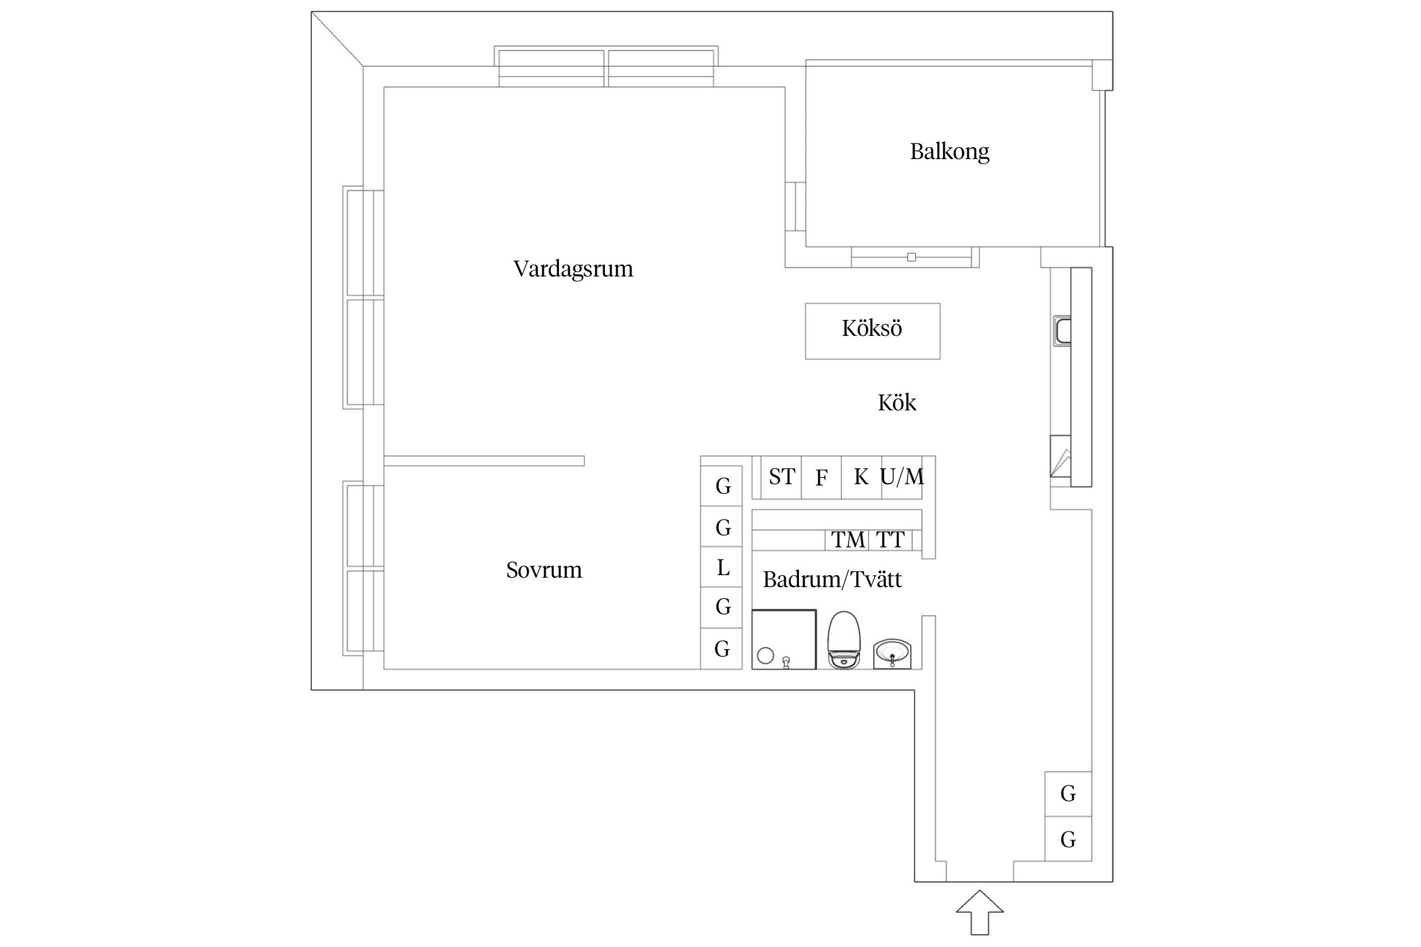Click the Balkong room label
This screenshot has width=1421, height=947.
point(949,152)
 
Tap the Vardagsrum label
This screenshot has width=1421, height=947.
point(573,269)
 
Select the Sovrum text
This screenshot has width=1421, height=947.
point(544,570)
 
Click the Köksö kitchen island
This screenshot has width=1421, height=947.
point(872,331)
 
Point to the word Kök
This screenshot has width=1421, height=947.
point(897,403)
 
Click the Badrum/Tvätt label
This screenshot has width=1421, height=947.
point(832,580)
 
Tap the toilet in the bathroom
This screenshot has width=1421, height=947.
point(844,640)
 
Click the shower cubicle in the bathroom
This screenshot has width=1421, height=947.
point(784,639)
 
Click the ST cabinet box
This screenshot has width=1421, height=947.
point(781,477)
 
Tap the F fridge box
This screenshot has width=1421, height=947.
point(821,478)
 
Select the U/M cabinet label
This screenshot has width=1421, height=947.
point(902,477)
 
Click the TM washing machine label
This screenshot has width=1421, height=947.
point(848,540)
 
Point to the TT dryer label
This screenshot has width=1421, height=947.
point(890,540)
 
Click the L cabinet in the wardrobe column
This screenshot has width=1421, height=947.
point(722,568)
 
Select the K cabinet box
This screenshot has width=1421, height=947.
point(861,477)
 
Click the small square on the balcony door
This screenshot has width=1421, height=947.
point(911,257)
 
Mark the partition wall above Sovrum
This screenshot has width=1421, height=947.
point(484,461)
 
